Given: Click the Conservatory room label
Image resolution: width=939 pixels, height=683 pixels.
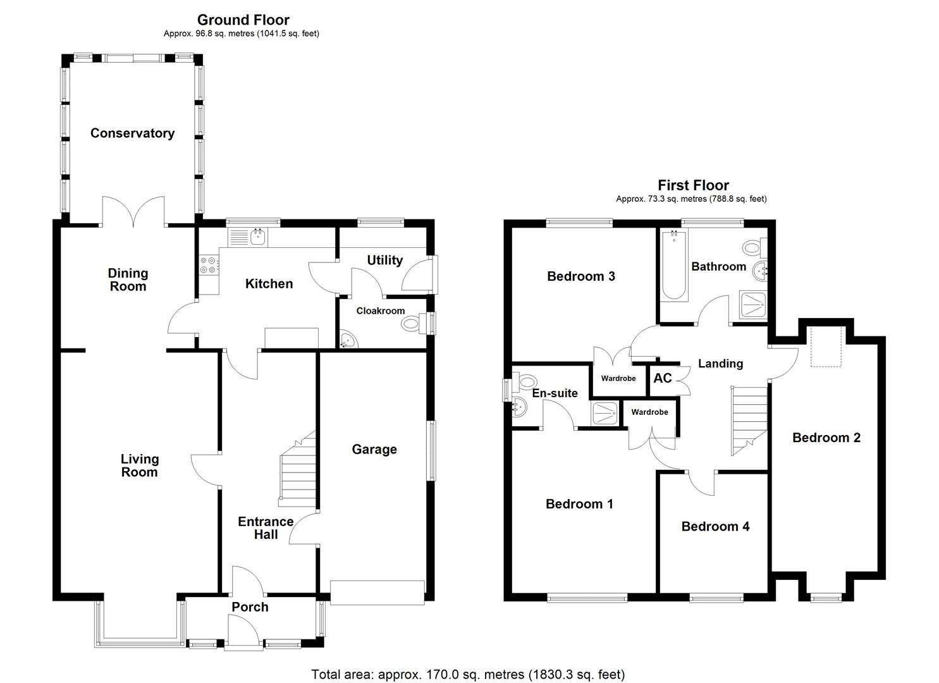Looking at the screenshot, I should tap(132, 133).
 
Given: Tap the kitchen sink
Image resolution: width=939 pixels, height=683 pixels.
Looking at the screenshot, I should tap(258, 237).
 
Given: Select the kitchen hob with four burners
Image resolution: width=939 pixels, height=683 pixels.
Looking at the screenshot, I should tap(208, 264).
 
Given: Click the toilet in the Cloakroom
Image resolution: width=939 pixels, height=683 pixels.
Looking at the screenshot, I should tap(412, 324).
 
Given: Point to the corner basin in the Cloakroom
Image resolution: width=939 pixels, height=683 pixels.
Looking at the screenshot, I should tap(347, 341).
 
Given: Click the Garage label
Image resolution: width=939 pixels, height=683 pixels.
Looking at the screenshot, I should tap(374, 450).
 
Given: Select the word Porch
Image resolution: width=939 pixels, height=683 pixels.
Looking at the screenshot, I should tap(250, 607).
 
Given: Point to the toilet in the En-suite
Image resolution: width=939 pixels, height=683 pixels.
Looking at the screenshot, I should tap(523, 382).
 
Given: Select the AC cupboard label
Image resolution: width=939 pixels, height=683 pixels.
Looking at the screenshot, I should tap(662, 378).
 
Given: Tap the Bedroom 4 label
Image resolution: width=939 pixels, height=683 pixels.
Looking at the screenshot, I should tap(715, 527).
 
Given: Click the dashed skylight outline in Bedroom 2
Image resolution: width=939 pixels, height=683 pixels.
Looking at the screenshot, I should tap(827, 347).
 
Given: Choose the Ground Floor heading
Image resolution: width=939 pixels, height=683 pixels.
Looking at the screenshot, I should tap(243, 20).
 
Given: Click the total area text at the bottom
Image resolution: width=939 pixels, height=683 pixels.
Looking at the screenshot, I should tap(467, 674).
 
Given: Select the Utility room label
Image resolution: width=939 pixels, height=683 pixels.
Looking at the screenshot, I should tap(384, 261).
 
